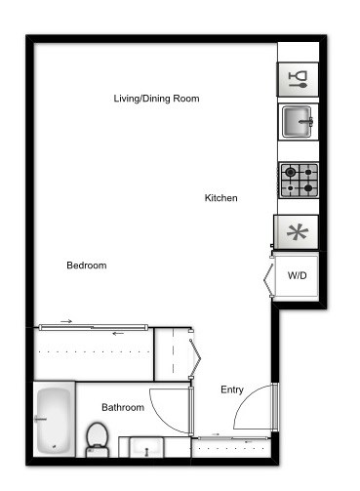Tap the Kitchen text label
click(220, 198)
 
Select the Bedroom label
click(86, 266)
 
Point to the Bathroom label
click(123, 407)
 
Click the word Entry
click(232, 389)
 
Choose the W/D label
click(297, 275)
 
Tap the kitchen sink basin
click(298, 123)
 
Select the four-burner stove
click(299, 180)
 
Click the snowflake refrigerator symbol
click(298, 232)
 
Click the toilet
click(97, 438)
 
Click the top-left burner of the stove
click(290, 172)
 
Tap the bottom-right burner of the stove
click(308, 187)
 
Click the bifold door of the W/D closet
click(269, 277)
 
